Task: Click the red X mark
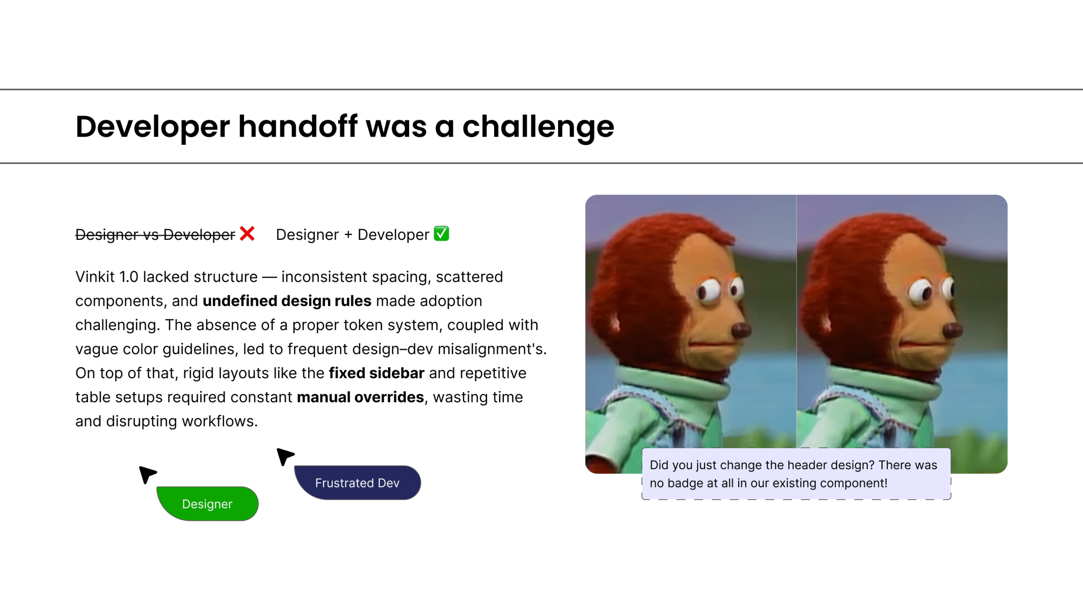pyautogui.click(x=247, y=234)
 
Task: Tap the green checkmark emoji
pyautogui.click(x=441, y=233)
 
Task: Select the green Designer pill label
pyautogui.click(x=207, y=503)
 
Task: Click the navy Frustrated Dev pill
pyautogui.click(x=357, y=483)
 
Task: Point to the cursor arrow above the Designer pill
pyautogui.click(x=147, y=474)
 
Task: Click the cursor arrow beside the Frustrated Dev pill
pyautogui.click(x=285, y=456)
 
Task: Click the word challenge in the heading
pyautogui.click(x=538, y=127)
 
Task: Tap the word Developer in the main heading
pyautogui.click(x=153, y=127)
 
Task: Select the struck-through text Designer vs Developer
pyautogui.click(x=155, y=234)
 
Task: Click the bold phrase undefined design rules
pyautogui.click(x=287, y=301)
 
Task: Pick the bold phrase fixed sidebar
pyautogui.click(x=377, y=373)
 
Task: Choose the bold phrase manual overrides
pyautogui.click(x=360, y=397)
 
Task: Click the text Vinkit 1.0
pyautogui.click(x=107, y=277)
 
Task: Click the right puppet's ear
pyautogui.click(x=825, y=324)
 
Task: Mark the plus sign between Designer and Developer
pyautogui.click(x=348, y=235)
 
